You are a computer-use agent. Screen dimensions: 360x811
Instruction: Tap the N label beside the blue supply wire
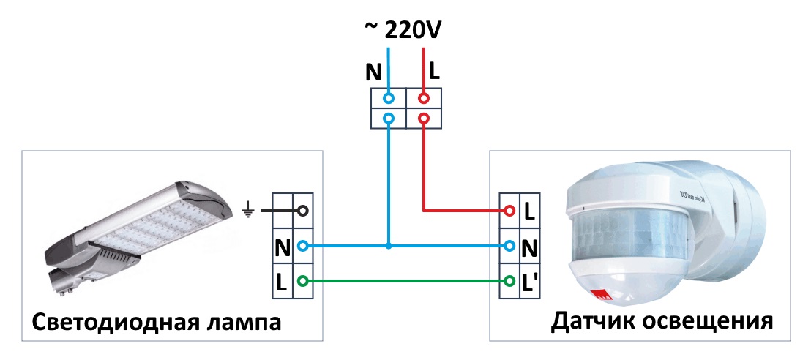[373, 72]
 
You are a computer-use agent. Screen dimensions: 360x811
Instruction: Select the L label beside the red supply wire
[434, 71]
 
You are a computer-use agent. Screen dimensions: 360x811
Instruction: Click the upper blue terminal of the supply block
[389, 97]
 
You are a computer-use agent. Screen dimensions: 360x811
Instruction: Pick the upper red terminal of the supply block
[423, 97]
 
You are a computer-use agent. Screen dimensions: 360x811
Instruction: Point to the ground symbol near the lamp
[248, 211]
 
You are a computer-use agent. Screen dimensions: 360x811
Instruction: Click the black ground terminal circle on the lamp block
[302, 211]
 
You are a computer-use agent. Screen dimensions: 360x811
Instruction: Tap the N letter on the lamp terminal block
[282, 247]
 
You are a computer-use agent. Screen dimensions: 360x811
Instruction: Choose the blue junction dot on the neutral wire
[389, 247]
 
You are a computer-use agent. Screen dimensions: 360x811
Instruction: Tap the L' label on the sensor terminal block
[531, 282]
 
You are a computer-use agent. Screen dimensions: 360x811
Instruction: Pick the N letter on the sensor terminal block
[531, 247]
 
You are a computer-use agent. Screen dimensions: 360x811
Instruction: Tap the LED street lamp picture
[135, 227]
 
